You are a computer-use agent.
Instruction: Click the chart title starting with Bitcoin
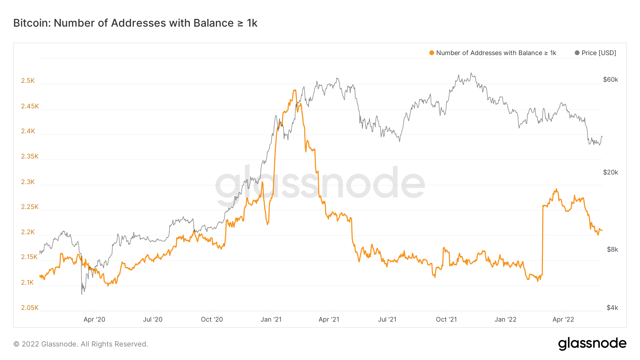135,23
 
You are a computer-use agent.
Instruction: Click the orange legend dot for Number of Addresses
432,53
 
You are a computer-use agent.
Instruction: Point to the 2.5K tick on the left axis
28,81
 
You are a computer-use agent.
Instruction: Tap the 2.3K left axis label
28,182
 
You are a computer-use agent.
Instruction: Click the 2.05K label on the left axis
30,308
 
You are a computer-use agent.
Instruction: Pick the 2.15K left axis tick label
29,257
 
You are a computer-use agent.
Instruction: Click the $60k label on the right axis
610,80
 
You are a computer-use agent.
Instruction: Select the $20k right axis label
610,172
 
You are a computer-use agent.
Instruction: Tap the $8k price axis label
612,249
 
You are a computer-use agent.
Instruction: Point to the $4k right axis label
612,308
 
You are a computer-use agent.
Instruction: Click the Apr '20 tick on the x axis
94,319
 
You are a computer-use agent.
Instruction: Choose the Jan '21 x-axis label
271,319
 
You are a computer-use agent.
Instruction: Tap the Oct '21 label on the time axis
446,319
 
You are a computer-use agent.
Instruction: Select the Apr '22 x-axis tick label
563,319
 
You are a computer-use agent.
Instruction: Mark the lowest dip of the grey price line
82,294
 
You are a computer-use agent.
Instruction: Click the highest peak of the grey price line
471,73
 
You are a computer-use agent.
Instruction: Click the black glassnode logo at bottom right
592,344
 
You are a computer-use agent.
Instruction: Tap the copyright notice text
81,344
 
